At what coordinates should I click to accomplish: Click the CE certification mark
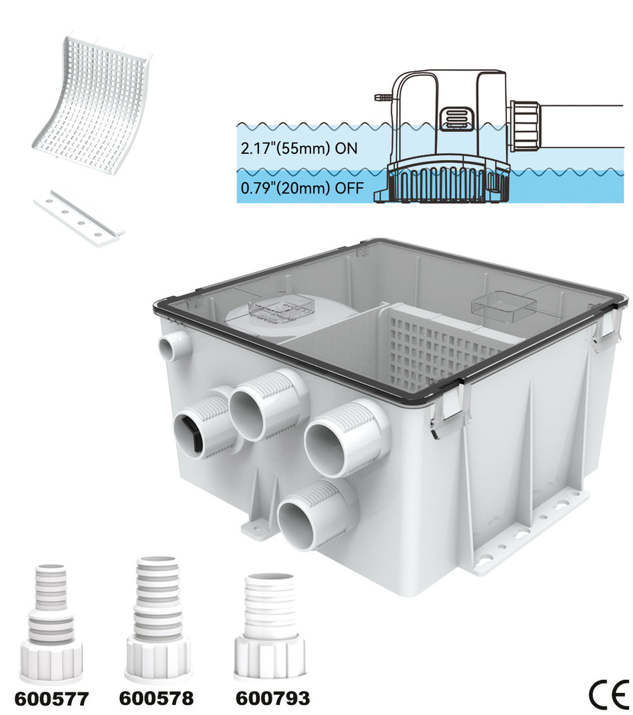point(608,695)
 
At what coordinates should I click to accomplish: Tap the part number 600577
point(51,698)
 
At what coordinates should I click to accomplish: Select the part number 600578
point(157,698)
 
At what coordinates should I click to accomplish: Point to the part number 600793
point(273,698)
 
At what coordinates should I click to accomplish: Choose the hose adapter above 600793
point(270,624)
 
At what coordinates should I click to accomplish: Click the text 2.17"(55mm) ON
point(300,149)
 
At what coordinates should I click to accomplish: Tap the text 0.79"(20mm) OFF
point(302,189)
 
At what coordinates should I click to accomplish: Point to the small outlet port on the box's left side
point(175,345)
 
